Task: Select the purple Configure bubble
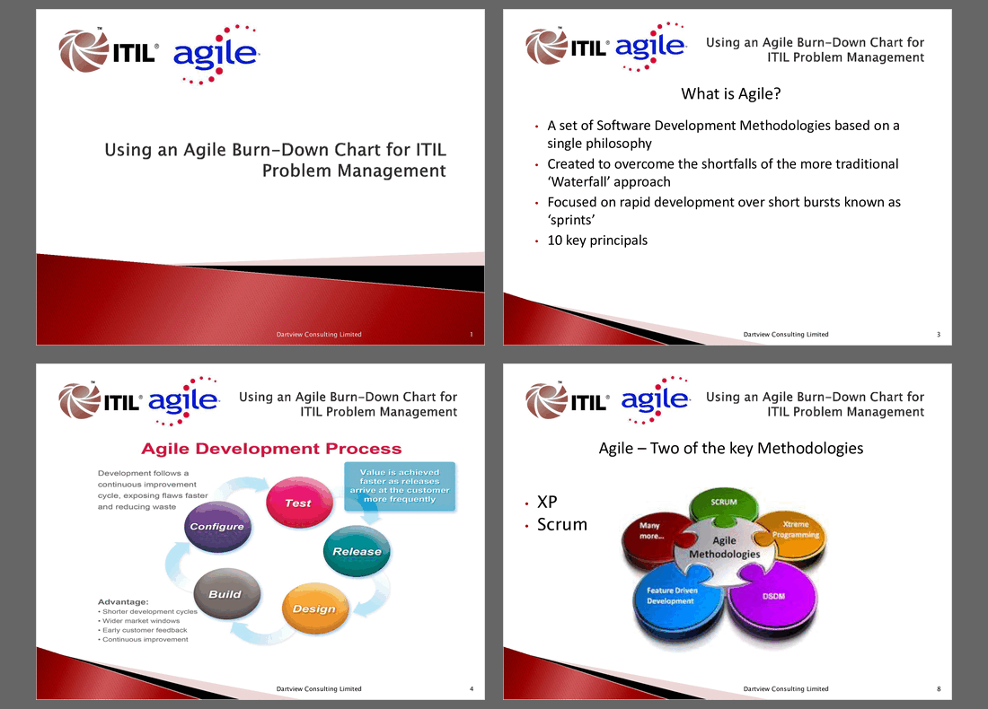click(218, 527)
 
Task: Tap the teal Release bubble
click(357, 551)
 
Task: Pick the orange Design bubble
click(315, 608)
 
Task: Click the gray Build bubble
click(226, 594)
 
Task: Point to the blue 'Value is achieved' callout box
click(400, 486)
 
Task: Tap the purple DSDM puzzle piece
click(773, 599)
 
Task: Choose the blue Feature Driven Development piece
click(675, 600)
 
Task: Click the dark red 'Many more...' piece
click(652, 535)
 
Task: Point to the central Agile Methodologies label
click(724, 547)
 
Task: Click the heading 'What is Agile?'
click(731, 94)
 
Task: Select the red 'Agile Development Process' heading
click(271, 449)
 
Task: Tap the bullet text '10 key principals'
click(597, 240)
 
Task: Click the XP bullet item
click(547, 502)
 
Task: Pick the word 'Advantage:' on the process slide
click(123, 602)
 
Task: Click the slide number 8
click(939, 689)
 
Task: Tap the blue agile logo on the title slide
click(216, 54)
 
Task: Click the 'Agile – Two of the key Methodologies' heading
click(731, 449)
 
